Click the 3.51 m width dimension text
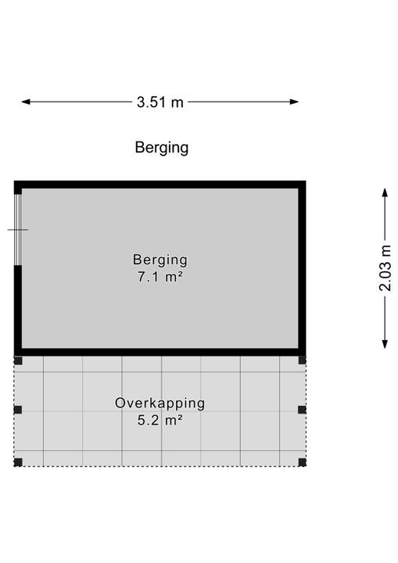(160, 102)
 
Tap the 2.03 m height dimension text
(385, 268)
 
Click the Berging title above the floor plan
(162, 148)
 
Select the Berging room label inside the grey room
(160, 260)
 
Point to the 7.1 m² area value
(160, 277)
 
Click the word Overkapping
(160, 403)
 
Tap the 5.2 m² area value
(160, 420)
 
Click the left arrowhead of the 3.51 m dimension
(26, 102)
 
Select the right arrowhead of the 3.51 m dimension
(294, 102)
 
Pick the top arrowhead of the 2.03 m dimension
(385, 192)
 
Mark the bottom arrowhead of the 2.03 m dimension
(385, 344)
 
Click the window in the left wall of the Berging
(18, 230)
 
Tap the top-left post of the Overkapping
(18, 360)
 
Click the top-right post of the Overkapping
(302, 360)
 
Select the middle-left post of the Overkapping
(18, 410)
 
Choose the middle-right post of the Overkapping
(302, 410)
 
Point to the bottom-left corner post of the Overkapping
(18, 462)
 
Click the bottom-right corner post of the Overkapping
(302, 462)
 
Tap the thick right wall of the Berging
(302, 268)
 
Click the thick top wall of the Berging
(160, 185)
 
